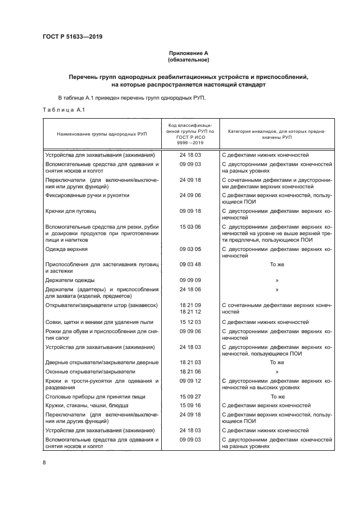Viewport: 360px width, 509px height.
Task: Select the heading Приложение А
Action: (188, 53)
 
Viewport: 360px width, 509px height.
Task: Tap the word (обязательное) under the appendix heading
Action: (188, 60)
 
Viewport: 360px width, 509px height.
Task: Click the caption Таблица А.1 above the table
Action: (62, 111)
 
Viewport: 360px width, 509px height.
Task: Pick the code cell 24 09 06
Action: (191, 195)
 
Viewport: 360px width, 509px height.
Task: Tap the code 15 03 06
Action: (191, 225)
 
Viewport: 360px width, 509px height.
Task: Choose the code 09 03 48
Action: (191, 264)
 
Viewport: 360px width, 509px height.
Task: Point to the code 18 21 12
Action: (191, 311)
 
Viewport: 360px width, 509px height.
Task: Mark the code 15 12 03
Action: (191, 322)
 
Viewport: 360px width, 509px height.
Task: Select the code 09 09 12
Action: (191, 381)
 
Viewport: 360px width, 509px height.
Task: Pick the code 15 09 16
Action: (191, 405)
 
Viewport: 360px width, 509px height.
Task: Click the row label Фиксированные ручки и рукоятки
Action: (87, 195)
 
